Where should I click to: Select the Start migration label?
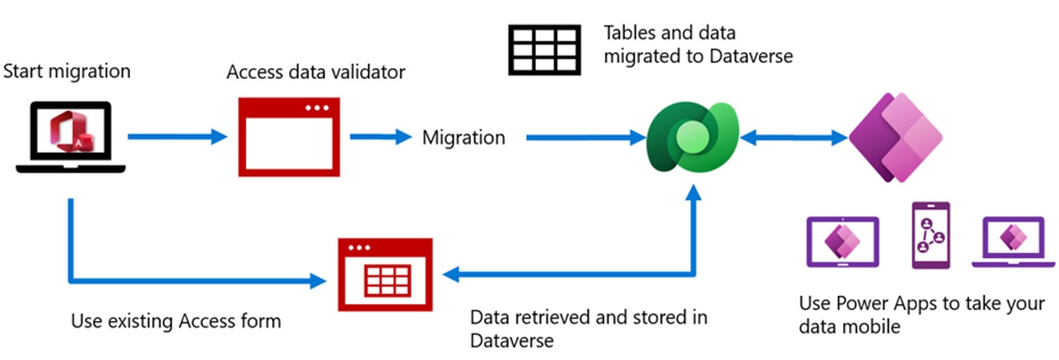click(67, 72)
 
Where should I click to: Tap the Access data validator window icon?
click(289, 137)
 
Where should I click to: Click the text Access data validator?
click(315, 72)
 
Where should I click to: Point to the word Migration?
click(463, 138)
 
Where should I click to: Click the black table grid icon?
click(544, 50)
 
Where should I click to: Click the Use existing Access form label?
click(176, 321)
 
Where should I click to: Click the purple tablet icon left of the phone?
click(841, 241)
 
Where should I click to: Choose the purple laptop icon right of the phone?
click(1012, 241)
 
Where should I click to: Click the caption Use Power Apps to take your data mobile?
click(922, 315)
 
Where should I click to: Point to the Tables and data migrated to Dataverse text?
click(697, 45)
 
